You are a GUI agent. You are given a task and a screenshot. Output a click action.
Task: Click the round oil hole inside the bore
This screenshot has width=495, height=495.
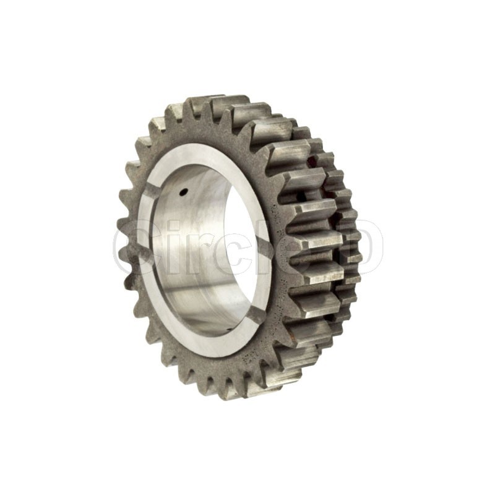[x=184, y=191]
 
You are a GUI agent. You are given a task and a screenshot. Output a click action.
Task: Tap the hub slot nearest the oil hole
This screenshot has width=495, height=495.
[x=153, y=192]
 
